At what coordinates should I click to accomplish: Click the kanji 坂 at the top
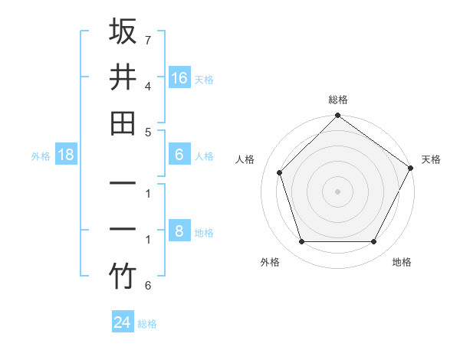(x=123, y=32)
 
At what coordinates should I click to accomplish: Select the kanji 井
(x=123, y=77)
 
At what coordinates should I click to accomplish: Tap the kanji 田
(x=123, y=123)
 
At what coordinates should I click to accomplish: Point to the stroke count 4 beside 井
(x=147, y=86)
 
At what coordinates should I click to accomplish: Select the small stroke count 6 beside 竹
(x=147, y=286)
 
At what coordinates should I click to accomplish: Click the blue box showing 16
(x=179, y=78)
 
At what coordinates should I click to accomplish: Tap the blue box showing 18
(x=66, y=155)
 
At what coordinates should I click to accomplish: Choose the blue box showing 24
(x=123, y=322)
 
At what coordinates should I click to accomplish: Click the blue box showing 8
(x=179, y=231)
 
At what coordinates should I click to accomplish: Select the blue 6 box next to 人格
(x=179, y=155)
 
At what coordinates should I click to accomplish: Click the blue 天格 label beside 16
(x=204, y=80)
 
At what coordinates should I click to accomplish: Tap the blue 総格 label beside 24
(x=147, y=324)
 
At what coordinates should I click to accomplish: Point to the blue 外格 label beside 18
(x=40, y=156)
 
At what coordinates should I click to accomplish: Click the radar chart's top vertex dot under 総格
(x=337, y=117)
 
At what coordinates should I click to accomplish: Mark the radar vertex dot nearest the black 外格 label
(x=301, y=242)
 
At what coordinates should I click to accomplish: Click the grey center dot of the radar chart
(x=337, y=191)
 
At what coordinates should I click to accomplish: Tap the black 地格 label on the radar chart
(x=402, y=262)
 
